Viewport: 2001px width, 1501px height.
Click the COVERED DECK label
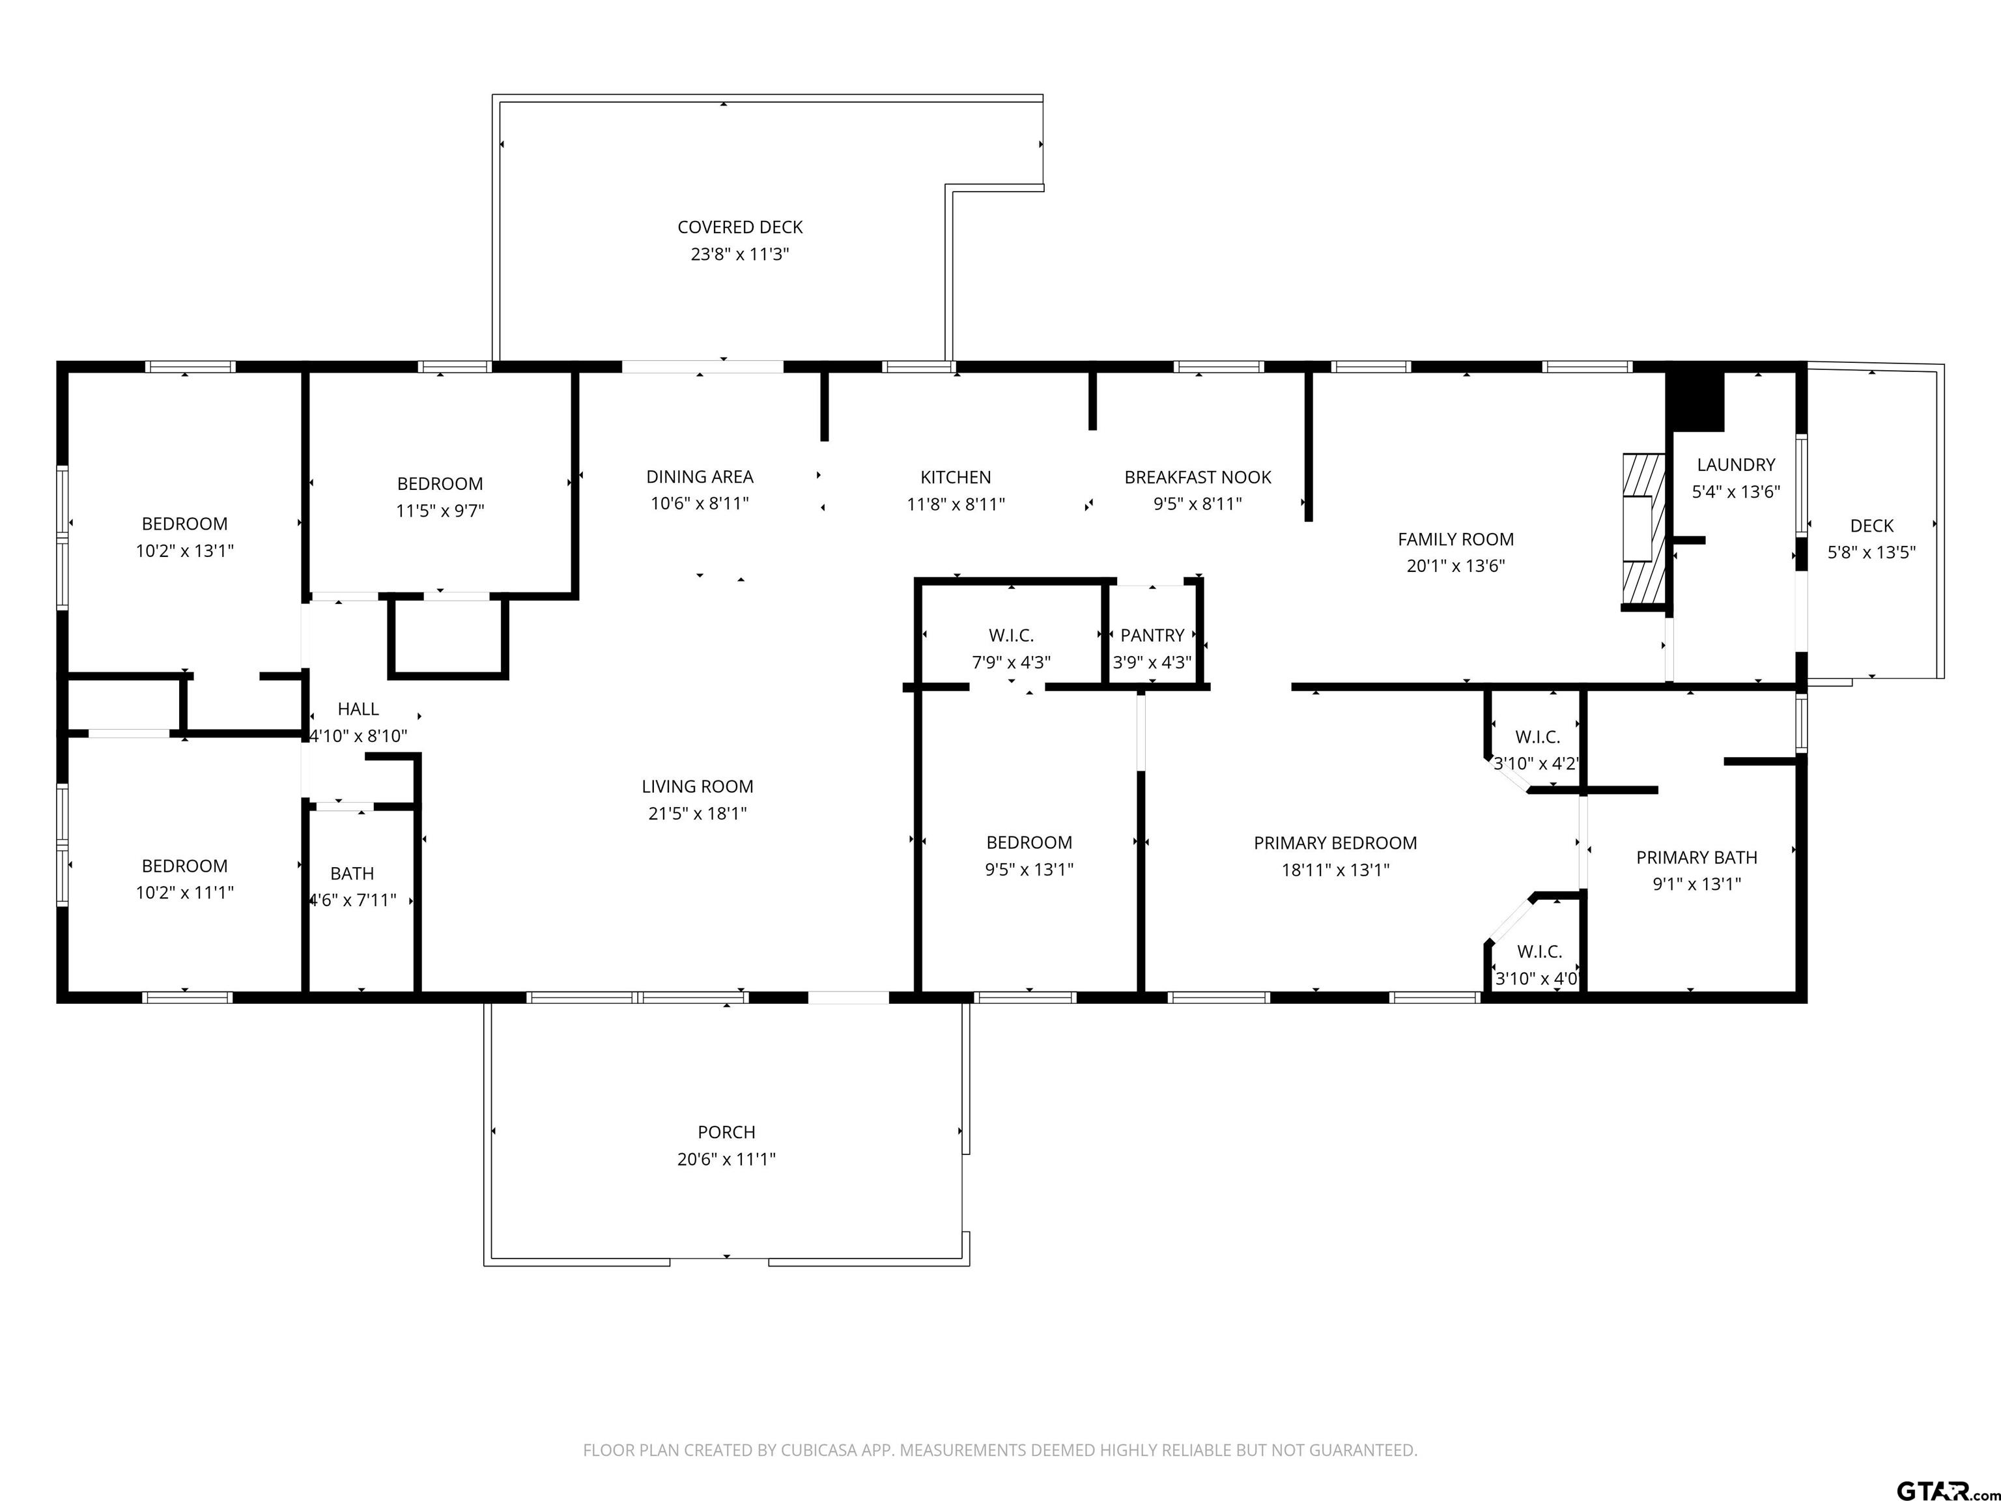click(x=740, y=227)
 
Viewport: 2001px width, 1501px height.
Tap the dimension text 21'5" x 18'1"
click(x=698, y=814)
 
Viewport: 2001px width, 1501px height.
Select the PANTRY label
click(x=1152, y=635)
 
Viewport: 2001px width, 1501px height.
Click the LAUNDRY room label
click(x=1736, y=465)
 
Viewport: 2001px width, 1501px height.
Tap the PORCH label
click(x=726, y=1132)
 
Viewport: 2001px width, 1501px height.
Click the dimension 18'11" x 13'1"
click(x=1335, y=870)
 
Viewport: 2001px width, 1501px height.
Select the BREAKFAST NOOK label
click(x=1198, y=477)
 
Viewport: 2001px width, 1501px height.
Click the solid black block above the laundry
click(x=1696, y=401)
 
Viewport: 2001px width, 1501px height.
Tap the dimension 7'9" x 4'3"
click(x=1012, y=663)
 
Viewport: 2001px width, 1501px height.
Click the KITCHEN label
click(x=956, y=477)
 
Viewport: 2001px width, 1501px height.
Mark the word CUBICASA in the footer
click(x=845, y=1450)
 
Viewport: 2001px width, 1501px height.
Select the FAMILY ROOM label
click(x=1456, y=539)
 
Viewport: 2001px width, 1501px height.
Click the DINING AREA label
click(x=700, y=477)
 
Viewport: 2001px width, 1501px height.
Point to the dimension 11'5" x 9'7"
click(x=440, y=510)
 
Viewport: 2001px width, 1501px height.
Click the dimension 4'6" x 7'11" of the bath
click(x=354, y=900)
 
